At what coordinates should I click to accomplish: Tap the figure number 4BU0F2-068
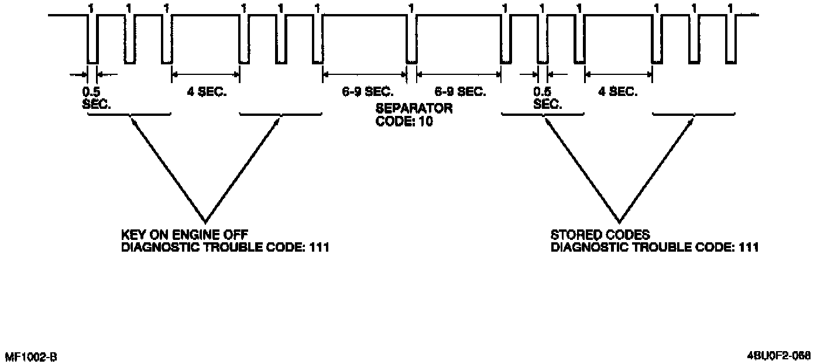[778, 355]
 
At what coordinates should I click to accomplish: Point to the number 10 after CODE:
[425, 123]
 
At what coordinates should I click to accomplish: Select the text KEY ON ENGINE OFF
[180, 235]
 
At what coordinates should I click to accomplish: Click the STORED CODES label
[600, 235]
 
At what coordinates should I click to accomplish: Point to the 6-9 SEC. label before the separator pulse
[368, 92]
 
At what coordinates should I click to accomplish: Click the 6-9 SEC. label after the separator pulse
[459, 92]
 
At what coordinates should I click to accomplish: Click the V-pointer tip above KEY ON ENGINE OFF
[205, 221]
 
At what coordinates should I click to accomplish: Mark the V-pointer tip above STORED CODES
[619, 221]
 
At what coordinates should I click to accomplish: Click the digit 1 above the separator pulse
[411, 8]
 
